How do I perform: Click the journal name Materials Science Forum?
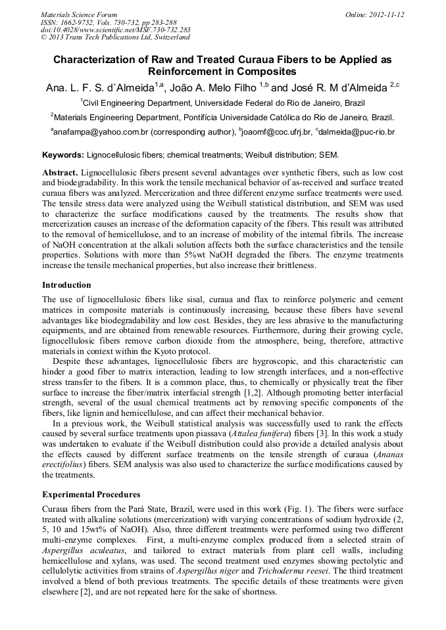79,14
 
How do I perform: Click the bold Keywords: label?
63,155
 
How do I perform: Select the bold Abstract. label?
60,172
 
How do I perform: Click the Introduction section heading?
66,285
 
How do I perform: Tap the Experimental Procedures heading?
91,494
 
